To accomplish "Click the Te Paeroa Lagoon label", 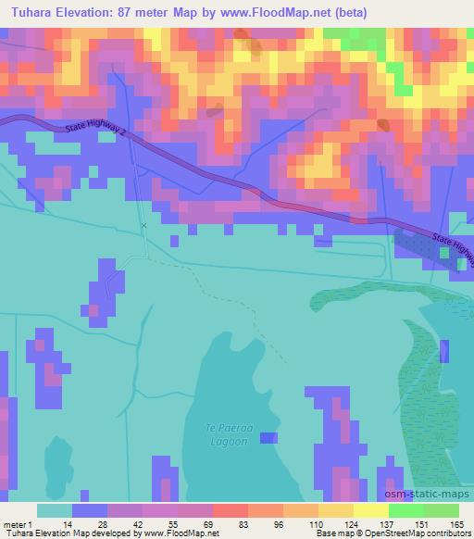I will point(225,434).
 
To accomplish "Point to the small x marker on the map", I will point(143,225).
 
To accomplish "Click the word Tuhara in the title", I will point(29,11).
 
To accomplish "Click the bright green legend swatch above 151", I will point(405,510).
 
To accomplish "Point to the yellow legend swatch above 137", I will point(370,510).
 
